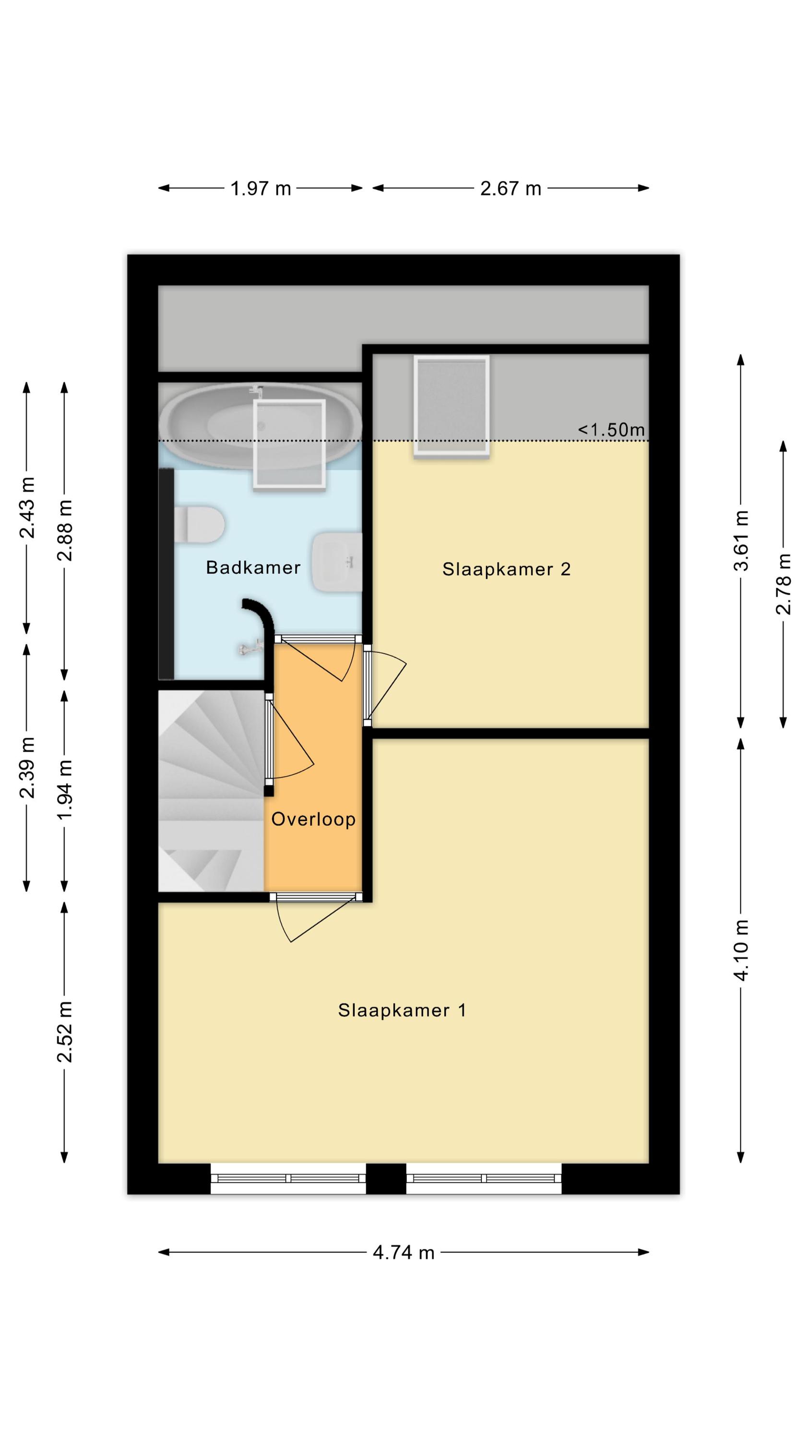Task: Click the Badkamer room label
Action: click(253, 567)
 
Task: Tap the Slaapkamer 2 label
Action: click(506, 569)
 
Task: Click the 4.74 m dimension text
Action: click(404, 1253)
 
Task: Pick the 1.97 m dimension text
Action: click(261, 188)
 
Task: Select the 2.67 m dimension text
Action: click(511, 188)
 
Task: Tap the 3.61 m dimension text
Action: click(741, 540)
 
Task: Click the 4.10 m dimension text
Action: click(741, 950)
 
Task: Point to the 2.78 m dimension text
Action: click(783, 584)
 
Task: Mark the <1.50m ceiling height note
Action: click(611, 430)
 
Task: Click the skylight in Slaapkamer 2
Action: click(452, 407)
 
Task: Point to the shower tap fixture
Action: click(250, 648)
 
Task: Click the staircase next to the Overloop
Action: click(211, 791)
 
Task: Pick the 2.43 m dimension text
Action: click(26, 507)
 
